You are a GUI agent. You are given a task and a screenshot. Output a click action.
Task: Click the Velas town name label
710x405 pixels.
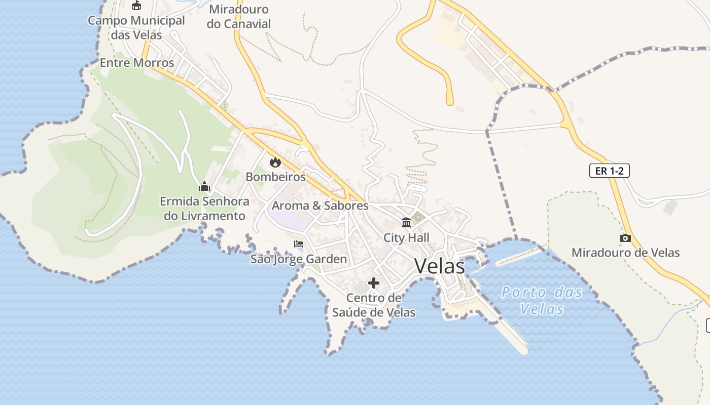(x=439, y=266)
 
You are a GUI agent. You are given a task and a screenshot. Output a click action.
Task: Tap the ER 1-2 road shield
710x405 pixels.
(x=609, y=171)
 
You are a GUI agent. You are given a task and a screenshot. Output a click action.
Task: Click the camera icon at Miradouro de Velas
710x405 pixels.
(x=625, y=238)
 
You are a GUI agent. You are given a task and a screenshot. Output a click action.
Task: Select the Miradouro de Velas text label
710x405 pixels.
(x=625, y=253)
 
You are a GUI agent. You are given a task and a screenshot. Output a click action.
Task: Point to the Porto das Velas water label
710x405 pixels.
(x=542, y=300)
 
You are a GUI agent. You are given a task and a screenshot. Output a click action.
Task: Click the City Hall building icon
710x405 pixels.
(x=406, y=222)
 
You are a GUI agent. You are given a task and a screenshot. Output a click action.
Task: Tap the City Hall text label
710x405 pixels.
(x=406, y=237)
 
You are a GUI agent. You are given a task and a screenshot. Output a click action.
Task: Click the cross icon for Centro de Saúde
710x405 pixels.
(x=374, y=282)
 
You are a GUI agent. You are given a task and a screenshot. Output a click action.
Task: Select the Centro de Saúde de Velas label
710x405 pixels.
(x=374, y=305)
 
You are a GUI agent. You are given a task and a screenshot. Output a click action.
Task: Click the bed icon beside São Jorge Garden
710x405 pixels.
(x=299, y=244)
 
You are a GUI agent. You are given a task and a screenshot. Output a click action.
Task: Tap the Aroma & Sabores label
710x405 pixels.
(x=320, y=206)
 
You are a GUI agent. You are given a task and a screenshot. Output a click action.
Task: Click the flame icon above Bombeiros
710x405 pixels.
(x=275, y=162)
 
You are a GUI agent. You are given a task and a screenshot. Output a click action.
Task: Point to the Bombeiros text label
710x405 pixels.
(x=275, y=177)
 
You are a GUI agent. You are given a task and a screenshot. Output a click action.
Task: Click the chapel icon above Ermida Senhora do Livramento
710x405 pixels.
(x=204, y=186)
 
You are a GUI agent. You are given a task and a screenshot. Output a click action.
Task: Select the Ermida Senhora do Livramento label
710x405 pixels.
(x=204, y=209)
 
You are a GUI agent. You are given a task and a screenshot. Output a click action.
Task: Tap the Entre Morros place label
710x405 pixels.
(x=137, y=63)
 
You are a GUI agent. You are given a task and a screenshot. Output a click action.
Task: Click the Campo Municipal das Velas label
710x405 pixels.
(x=136, y=28)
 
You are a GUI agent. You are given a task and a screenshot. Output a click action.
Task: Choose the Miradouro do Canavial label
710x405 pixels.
(x=239, y=16)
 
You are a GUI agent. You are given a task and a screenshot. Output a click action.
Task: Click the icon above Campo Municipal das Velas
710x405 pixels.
(x=136, y=5)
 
